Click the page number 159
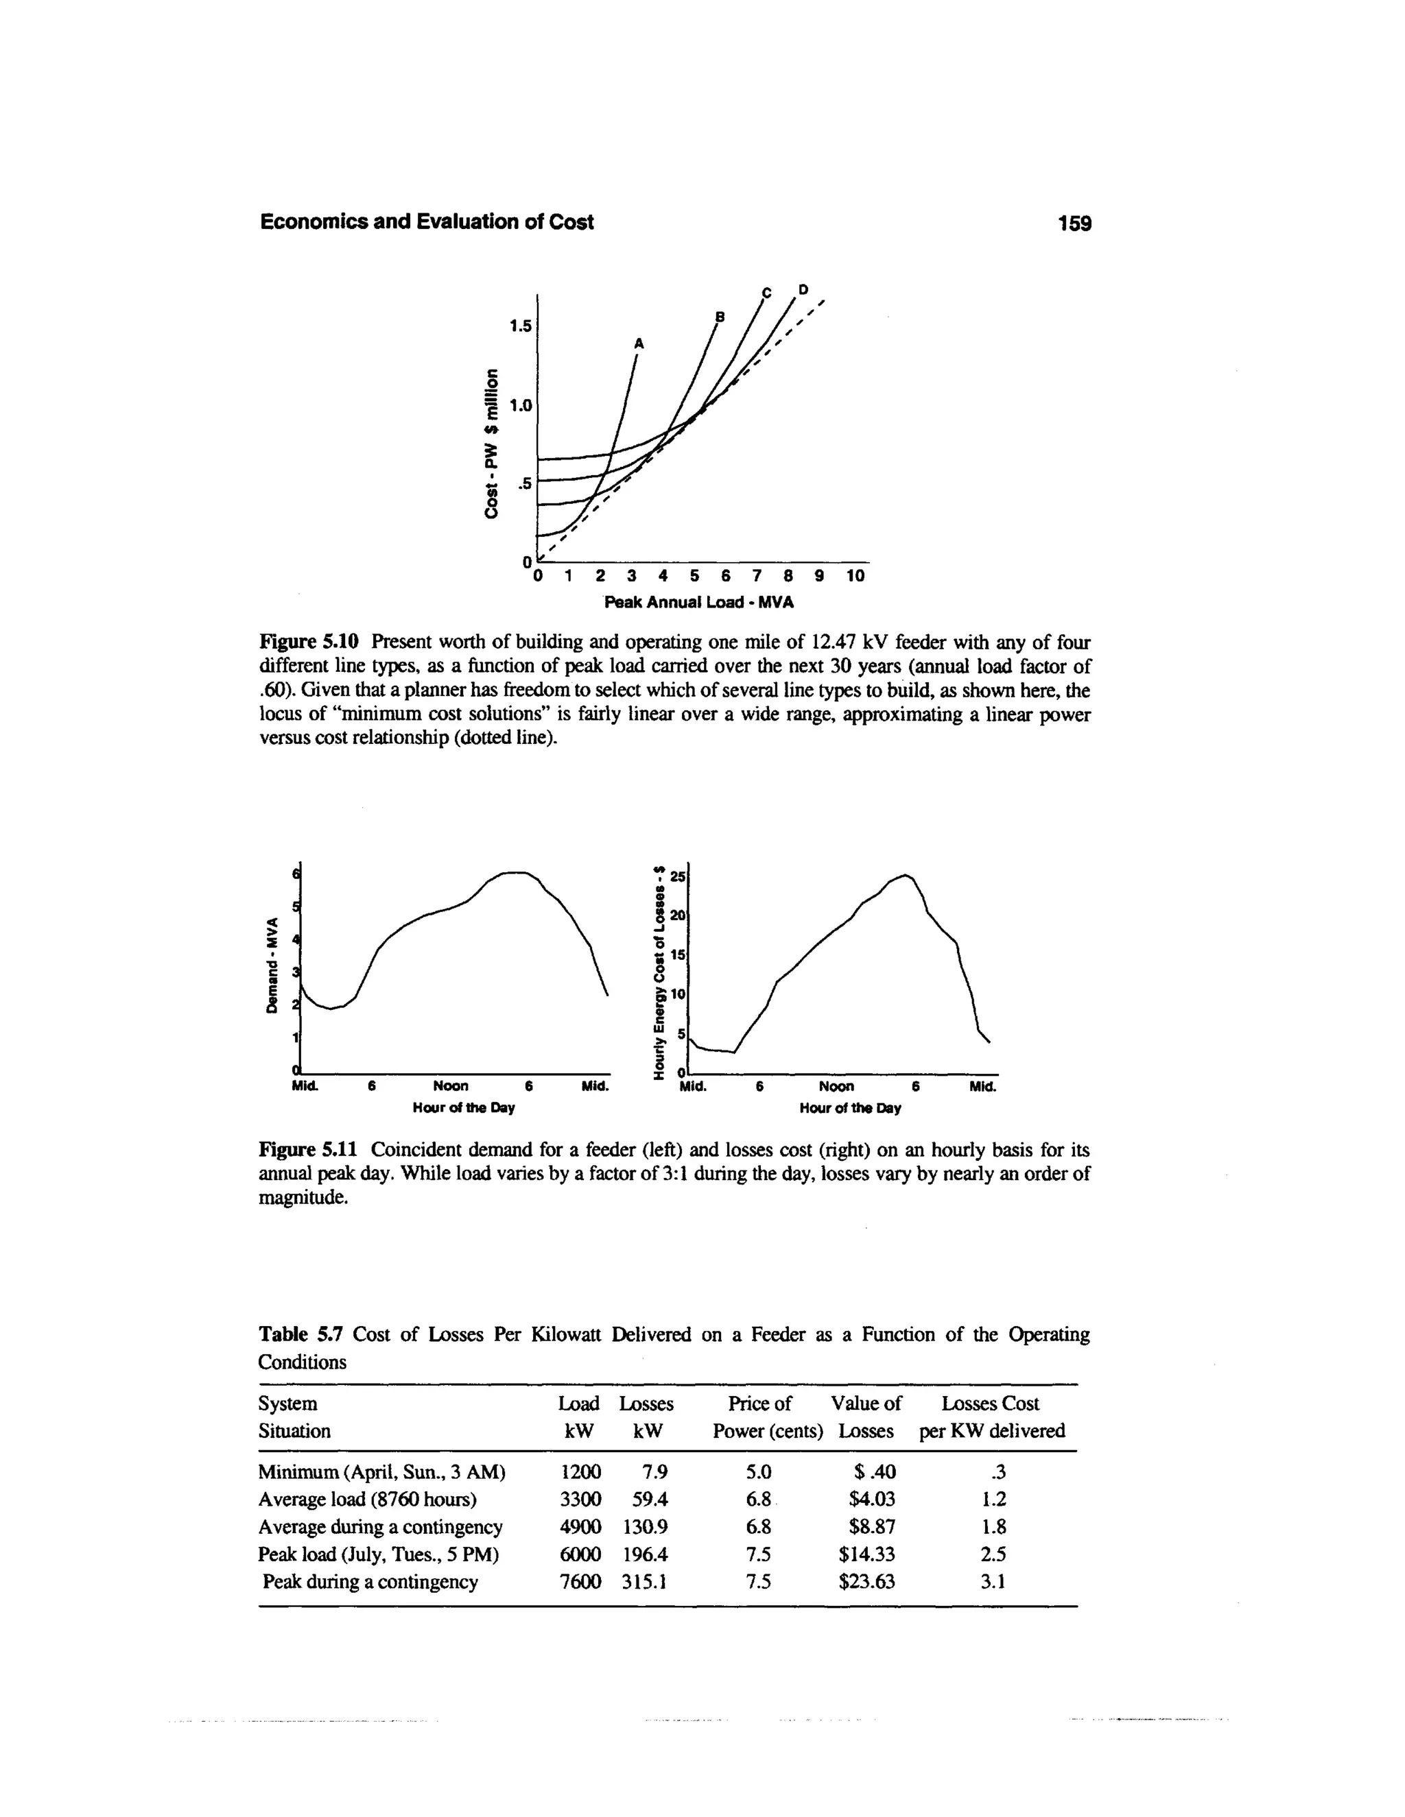1073,224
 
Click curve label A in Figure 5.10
639,343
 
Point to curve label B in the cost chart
721,317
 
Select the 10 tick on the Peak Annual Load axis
855,576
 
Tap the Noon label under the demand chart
450,1087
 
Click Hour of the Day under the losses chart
850,1109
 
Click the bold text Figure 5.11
308,1150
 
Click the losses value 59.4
645,1499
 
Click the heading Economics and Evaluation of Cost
427,222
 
